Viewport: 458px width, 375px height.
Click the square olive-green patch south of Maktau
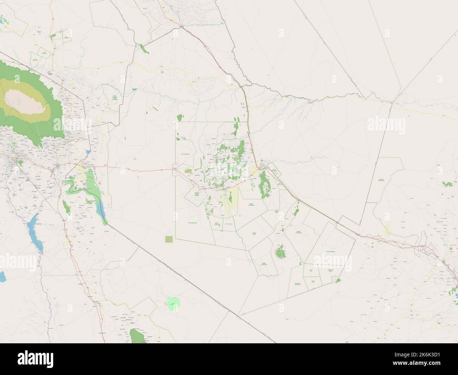click(x=169, y=239)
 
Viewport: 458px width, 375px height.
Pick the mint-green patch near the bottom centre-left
click(x=172, y=304)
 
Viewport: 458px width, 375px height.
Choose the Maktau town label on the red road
click(x=175, y=169)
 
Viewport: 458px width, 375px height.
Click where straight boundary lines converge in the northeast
click(x=392, y=102)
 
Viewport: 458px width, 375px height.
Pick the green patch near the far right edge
click(x=447, y=184)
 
